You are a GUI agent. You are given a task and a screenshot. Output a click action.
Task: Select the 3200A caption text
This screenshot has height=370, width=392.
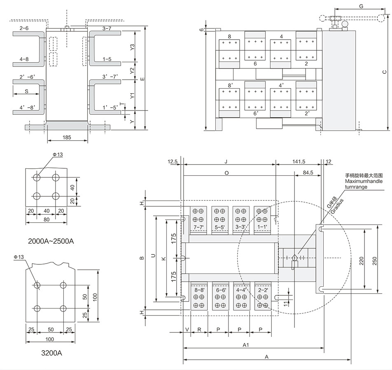[51, 353]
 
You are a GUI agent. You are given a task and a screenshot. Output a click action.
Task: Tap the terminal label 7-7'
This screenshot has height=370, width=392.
[198, 227]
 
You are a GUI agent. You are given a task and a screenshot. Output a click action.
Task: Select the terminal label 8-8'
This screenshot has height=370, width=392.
[199, 290]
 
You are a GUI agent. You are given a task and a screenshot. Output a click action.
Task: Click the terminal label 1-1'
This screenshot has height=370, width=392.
[262, 227]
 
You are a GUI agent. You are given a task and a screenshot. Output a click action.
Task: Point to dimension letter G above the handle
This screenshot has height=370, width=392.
[361, 6]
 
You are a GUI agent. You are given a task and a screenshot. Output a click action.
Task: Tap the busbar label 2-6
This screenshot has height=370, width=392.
[24, 28]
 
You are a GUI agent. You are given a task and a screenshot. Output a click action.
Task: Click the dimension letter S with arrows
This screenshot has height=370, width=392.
[26, 90]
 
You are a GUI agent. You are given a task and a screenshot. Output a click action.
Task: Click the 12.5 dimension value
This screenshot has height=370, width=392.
[173, 162]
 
